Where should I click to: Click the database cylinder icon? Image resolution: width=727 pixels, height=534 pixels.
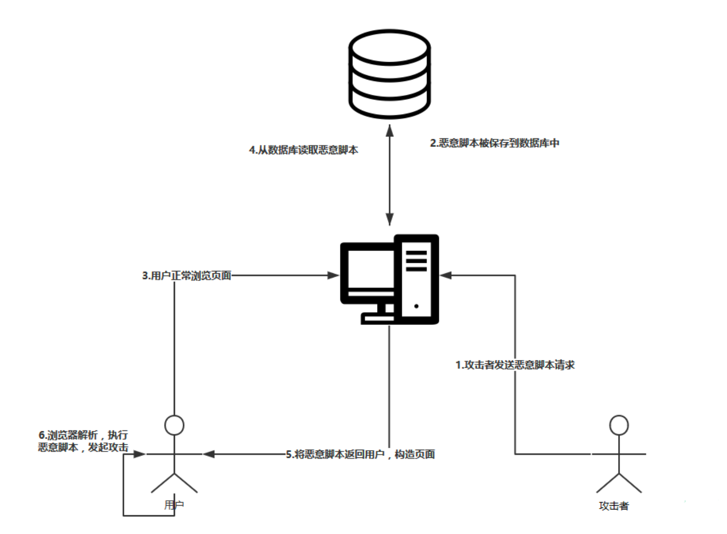point(390,74)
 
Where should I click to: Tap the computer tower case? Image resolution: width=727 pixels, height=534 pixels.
point(417,279)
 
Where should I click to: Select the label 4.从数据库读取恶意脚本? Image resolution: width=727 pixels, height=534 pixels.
point(303,150)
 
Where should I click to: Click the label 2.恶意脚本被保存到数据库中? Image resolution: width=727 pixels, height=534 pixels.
point(495,143)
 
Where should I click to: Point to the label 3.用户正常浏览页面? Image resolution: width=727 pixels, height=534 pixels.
point(187,276)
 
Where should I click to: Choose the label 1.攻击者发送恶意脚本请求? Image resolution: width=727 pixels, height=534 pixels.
point(515,365)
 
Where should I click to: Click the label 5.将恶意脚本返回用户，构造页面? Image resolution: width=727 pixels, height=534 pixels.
point(360,454)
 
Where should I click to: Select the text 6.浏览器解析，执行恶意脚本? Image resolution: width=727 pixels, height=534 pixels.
point(83,441)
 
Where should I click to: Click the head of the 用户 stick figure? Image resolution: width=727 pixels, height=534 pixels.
point(174,425)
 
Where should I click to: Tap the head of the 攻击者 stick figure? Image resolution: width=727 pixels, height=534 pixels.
point(619,425)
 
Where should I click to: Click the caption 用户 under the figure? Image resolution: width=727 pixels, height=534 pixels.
point(174,505)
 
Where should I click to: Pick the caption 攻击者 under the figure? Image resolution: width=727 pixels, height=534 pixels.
point(614,506)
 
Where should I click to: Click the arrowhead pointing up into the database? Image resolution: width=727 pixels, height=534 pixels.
point(390,130)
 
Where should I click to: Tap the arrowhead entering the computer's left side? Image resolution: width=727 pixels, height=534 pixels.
point(333,275)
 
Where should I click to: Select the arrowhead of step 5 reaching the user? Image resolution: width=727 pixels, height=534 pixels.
point(209,454)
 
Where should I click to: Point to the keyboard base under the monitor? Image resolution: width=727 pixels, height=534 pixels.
point(377,318)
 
